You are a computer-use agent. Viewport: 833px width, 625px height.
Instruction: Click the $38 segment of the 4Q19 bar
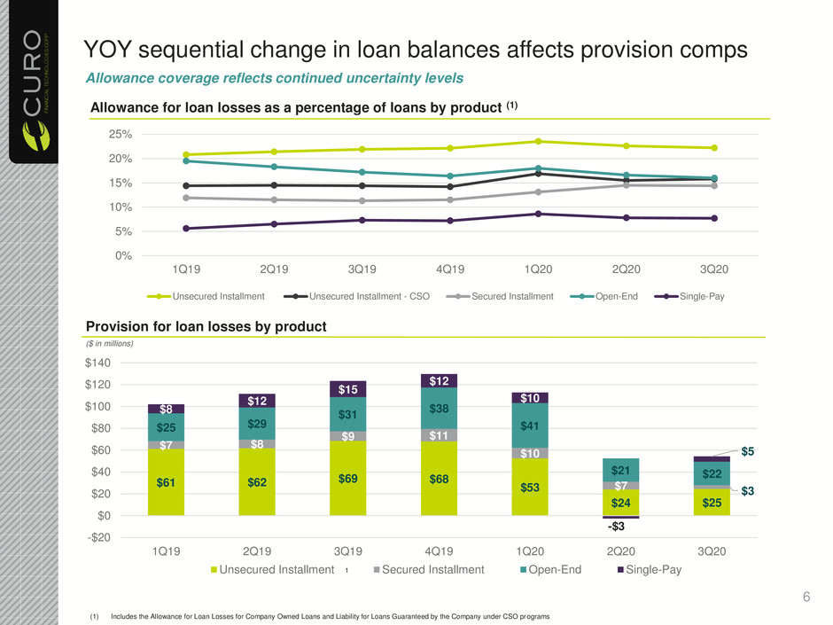tap(440, 409)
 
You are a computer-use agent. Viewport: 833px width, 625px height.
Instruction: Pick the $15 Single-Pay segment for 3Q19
tap(347, 388)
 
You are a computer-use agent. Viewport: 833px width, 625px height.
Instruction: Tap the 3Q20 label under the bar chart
tap(712, 551)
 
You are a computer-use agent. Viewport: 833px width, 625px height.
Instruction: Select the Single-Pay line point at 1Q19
tap(160, 229)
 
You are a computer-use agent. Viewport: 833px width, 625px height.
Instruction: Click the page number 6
tap(806, 598)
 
